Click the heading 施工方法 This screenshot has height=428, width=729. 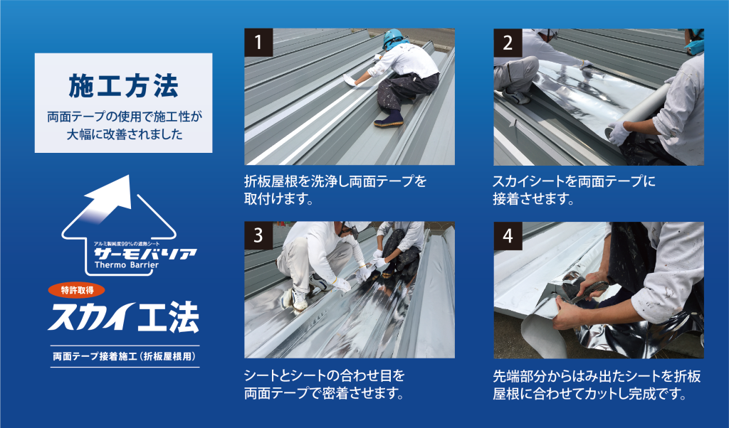[x=123, y=86]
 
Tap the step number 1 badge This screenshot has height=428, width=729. [x=258, y=42]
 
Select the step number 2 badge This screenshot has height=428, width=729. [x=508, y=43]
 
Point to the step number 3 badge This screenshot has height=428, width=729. [x=258, y=236]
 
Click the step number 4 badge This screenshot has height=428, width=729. [x=508, y=236]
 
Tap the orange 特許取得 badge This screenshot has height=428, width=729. [x=77, y=290]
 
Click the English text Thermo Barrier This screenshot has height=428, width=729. [x=127, y=265]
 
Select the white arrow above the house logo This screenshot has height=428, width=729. [x=109, y=197]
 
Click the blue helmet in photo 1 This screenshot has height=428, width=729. [x=393, y=38]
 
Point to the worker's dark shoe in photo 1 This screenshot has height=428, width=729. [x=388, y=119]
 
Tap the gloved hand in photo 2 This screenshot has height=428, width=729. [x=619, y=134]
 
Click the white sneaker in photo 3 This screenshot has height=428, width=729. [x=299, y=299]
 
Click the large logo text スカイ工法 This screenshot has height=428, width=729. [x=123, y=318]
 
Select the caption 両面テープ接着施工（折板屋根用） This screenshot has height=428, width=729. [x=125, y=356]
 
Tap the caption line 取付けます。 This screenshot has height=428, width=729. [x=278, y=199]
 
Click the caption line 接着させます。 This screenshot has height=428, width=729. [x=533, y=199]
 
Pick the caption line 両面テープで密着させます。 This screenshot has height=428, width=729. [x=324, y=393]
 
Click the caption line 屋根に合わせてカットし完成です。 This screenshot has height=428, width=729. [x=590, y=394]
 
